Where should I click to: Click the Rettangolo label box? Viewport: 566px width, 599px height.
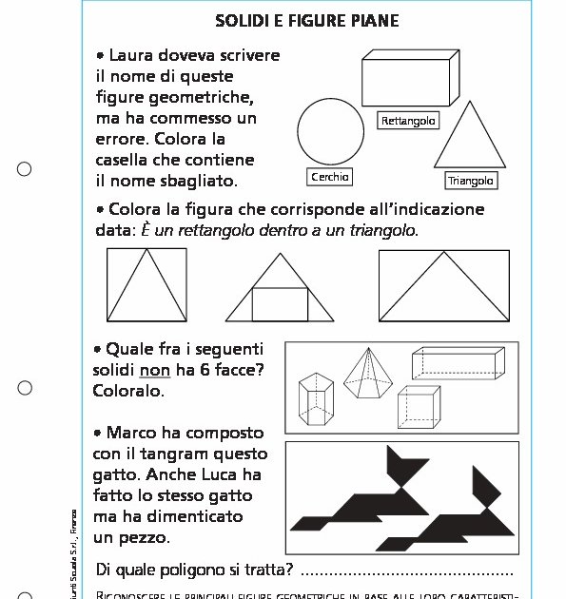coord(408,121)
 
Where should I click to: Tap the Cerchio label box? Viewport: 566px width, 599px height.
coord(331,177)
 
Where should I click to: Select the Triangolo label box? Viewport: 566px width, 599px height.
coord(472,181)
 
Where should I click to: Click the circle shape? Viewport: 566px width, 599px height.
coord(330,132)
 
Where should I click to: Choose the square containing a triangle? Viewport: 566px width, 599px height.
coord(146,285)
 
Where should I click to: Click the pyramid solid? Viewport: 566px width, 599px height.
coord(368,376)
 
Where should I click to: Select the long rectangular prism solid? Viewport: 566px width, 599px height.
coord(457,364)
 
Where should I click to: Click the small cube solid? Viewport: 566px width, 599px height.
coord(419,406)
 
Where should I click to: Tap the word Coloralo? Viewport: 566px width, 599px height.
coord(128,390)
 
